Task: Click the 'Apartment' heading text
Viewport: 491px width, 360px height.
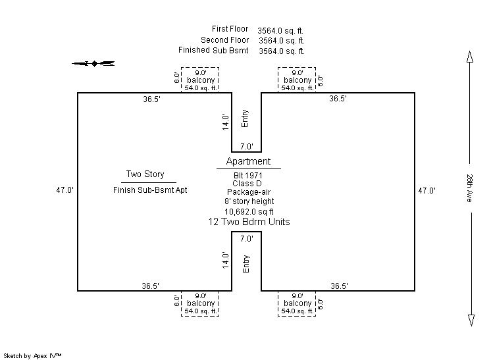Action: (248, 161)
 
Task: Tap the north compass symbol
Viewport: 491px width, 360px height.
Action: (93, 63)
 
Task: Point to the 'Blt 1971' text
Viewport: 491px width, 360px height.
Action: (248, 175)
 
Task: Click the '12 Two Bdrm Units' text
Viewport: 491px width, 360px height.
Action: (248, 222)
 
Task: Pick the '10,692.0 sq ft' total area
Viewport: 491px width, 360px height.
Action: (249, 211)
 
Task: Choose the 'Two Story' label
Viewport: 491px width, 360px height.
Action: (145, 174)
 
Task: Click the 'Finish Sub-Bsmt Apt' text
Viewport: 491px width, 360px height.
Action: (150, 190)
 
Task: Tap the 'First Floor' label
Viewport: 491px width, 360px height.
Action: (230, 29)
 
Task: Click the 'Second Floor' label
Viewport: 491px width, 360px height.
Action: (224, 39)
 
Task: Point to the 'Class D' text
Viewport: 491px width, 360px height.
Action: (248, 184)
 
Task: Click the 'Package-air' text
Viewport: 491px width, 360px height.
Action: (248, 192)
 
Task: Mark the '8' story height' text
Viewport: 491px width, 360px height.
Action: (249, 201)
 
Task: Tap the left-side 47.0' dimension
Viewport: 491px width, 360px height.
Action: (65, 190)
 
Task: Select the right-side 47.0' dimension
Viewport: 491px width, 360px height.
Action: (428, 191)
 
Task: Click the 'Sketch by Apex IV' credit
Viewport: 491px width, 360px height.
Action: (33, 355)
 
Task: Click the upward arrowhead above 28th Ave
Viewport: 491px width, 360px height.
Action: (470, 59)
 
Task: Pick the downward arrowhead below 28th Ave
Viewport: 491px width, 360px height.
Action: (470, 320)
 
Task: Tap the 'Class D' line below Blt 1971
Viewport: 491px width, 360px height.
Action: (248, 184)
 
